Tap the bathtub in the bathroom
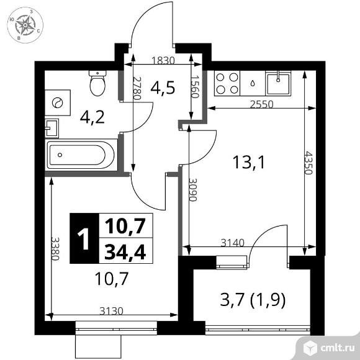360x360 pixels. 81,153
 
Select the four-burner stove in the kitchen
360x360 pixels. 227,84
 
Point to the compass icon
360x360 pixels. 25,25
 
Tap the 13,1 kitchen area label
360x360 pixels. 244,163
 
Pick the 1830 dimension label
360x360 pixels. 163,61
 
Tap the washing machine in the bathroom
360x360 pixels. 58,102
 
